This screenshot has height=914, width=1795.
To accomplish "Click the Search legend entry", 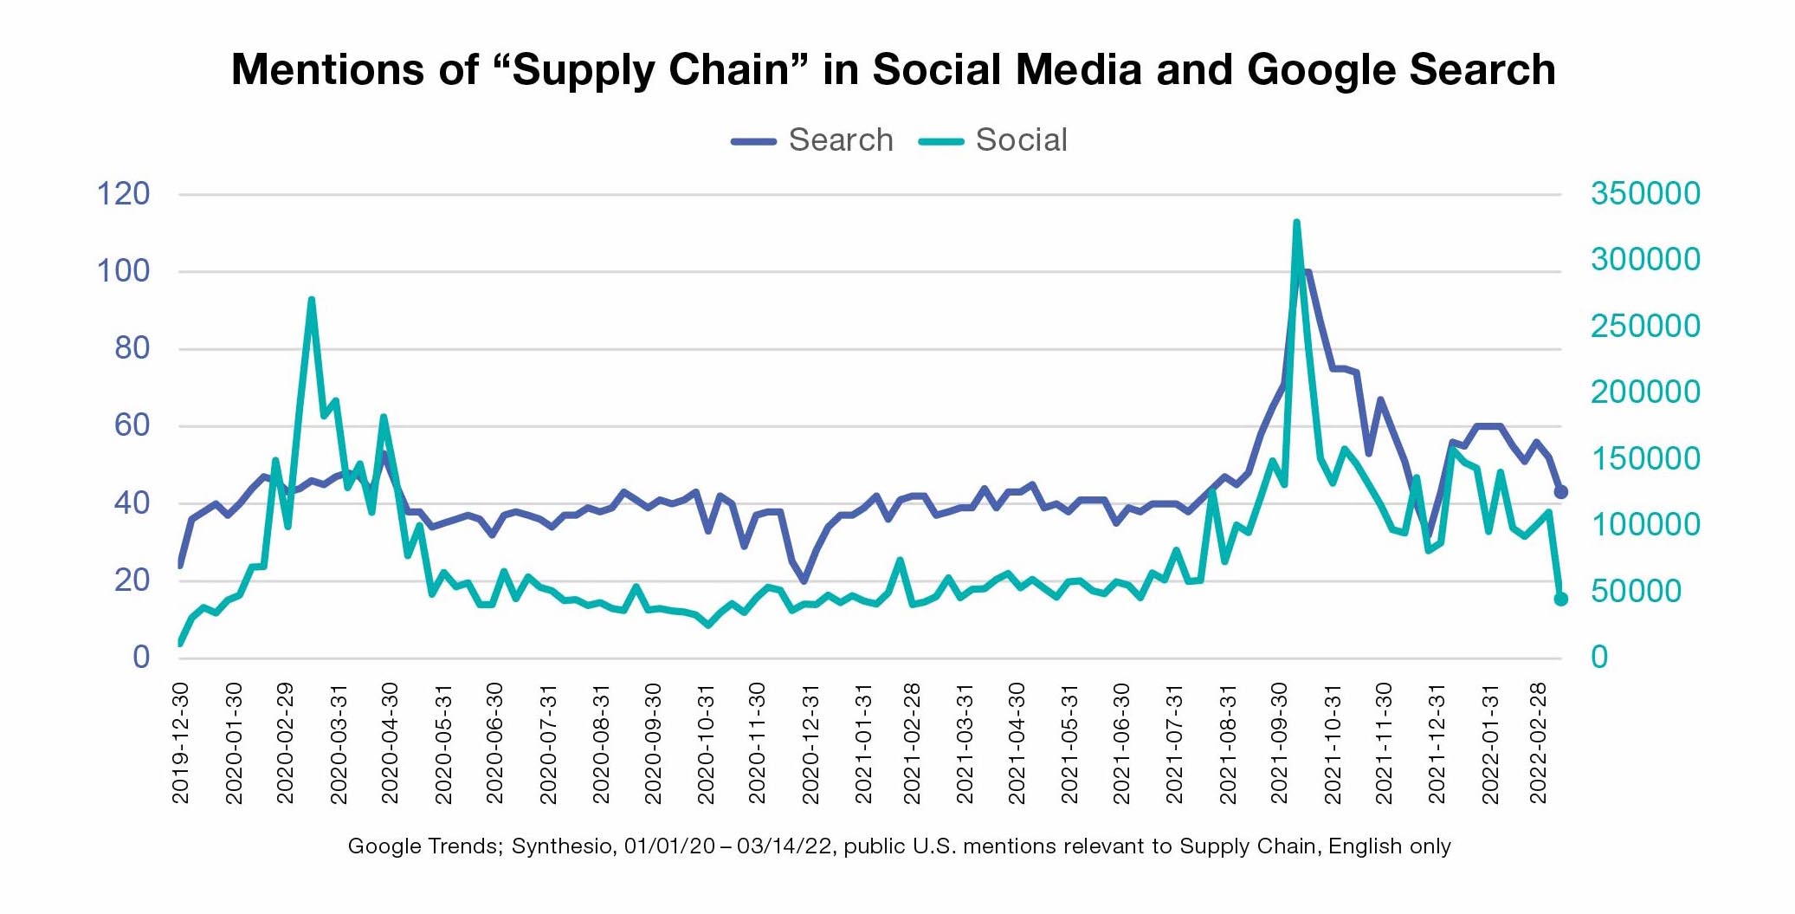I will (813, 140).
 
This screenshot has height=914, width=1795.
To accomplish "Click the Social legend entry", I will (994, 140).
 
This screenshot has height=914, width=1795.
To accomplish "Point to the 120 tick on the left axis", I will (123, 193).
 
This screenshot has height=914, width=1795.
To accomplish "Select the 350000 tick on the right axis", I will (1644, 193).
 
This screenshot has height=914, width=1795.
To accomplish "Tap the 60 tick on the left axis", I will (132, 425).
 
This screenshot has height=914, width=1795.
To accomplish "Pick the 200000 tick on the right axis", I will (1644, 392).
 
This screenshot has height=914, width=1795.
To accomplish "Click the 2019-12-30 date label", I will (180, 742).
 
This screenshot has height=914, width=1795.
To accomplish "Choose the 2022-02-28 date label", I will (1538, 742).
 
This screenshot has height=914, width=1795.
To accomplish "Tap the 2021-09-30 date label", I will (1279, 742).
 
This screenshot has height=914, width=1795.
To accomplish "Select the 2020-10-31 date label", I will (706, 742).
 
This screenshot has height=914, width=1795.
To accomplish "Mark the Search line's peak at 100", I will (1307, 272).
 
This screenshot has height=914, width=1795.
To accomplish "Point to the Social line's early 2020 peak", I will (311, 300).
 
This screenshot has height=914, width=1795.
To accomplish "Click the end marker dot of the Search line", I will (1561, 492).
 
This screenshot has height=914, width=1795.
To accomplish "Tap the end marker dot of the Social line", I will (1561, 599).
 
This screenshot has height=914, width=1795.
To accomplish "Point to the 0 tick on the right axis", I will (1598, 658).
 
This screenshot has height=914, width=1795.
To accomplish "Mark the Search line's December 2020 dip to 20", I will (804, 580).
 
